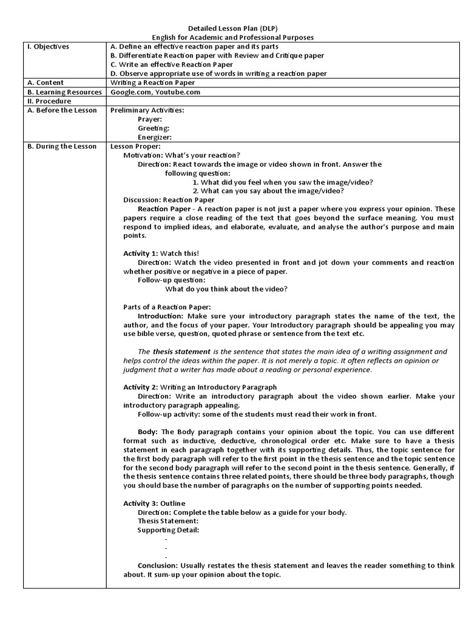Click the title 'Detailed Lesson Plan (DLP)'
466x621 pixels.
pyautogui.click(x=233, y=29)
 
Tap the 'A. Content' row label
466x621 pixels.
pyautogui.click(x=46, y=82)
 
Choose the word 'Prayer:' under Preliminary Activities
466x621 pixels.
pyautogui.click(x=150, y=119)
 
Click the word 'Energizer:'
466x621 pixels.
pyautogui.click(x=155, y=137)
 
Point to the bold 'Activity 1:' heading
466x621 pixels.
pyautogui.click(x=141, y=253)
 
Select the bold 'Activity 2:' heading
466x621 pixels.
pyautogui.click(x=141, y=387)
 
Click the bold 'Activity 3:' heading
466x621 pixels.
pyautogui.click(x=141, y=503)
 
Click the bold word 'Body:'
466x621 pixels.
pyautogui.click(x=147, y=431)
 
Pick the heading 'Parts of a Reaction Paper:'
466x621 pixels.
pyautogui.click(x=167, y=307)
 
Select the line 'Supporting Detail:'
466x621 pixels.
pyautogui.click(x=168, y=530)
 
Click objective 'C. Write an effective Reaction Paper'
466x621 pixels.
pyautogui.click(x=172, y=64)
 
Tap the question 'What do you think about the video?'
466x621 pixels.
pyautogui.click(x=226, y=289)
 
